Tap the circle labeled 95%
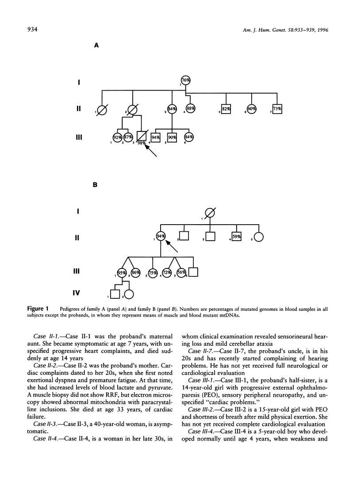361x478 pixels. coord(122,273)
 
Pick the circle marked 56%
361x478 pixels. coord(180,273)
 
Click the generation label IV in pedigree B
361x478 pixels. coord(78,292)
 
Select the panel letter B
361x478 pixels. coord(94,186)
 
